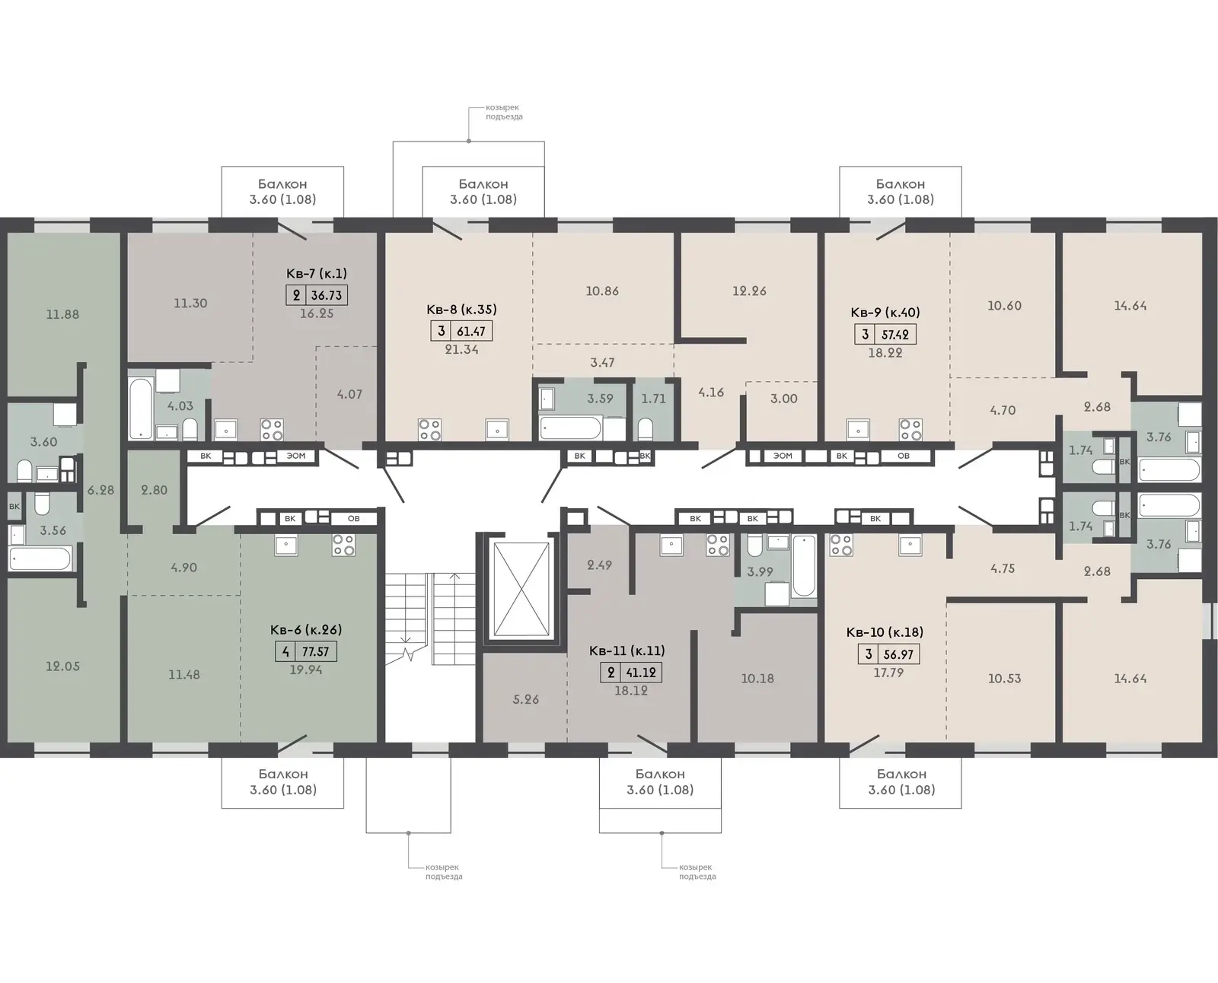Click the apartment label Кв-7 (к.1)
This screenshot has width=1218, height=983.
[316, 273]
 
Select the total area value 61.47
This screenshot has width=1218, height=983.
[471, 331]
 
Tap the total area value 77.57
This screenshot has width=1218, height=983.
[315, 651]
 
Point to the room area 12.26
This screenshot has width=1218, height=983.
[749, 291]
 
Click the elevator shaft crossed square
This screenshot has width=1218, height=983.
[521, 589]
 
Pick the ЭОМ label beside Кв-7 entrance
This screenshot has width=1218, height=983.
[295, 456]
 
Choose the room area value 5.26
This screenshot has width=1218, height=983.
[525, 699]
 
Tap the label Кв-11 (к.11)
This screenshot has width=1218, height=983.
[627, 651]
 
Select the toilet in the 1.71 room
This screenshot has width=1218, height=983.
[645, 428]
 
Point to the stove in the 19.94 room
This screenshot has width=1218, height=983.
[343, 545]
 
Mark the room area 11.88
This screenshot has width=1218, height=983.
[63, 314]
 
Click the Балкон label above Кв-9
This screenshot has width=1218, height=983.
[900, 184]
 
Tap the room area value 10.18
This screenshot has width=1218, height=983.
[757, 679]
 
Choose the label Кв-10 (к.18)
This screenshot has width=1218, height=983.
[885, 632]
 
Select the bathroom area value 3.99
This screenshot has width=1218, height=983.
[760, 572]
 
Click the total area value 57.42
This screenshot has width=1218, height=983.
[895, 334]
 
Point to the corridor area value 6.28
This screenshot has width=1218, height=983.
[100, 490]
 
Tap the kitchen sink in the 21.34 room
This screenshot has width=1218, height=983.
[497, 429]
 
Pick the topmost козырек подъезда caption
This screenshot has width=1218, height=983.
[504, 112]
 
